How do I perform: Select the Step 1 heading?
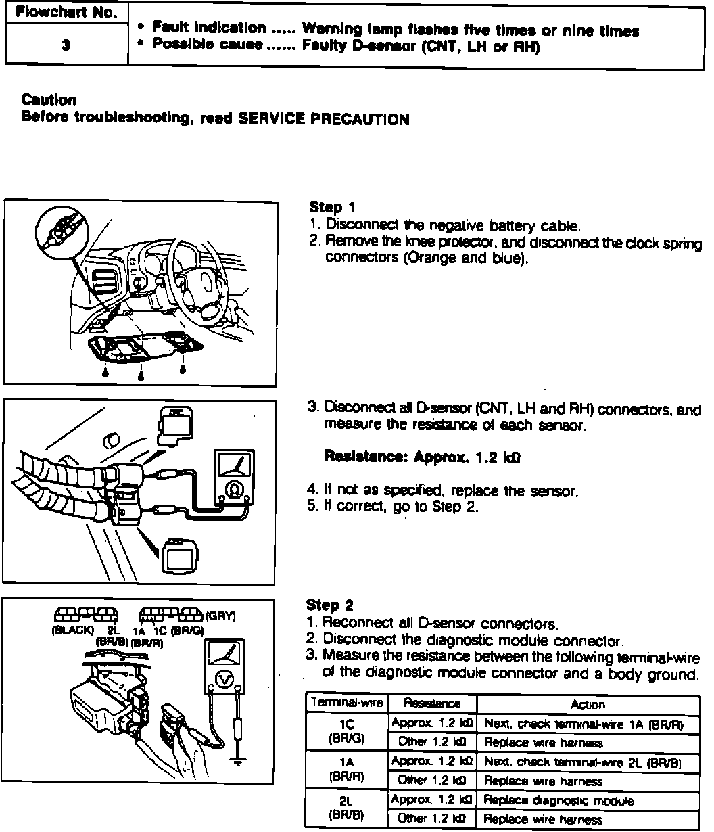(332, 207)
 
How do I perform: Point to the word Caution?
(49, 100)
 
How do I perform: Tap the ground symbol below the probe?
(237, 762)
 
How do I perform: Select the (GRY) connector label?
(220, 616)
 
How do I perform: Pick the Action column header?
(588, 704)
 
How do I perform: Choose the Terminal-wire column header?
(346, 703)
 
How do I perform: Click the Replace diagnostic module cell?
(559, 801)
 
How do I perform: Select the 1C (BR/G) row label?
(346, 731)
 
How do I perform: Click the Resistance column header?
(432, 704)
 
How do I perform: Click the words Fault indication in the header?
(209, 28)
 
